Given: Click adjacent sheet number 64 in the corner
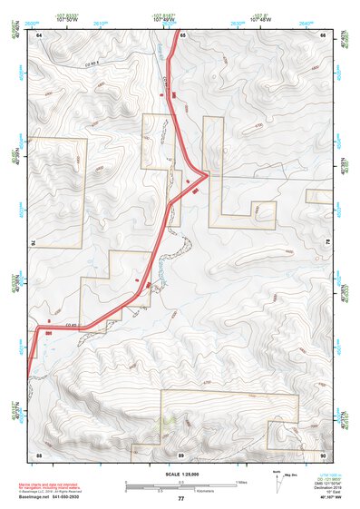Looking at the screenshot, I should (39, 34).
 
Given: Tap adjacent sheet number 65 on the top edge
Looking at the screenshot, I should (181, 34).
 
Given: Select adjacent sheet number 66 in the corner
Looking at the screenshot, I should (323, 34).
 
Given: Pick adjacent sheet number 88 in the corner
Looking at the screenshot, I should (39, 454).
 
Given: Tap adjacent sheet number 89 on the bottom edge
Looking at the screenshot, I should (181, 454).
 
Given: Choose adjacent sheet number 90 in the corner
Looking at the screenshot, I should (323, 454).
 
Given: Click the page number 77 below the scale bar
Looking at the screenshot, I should (180, 498).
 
